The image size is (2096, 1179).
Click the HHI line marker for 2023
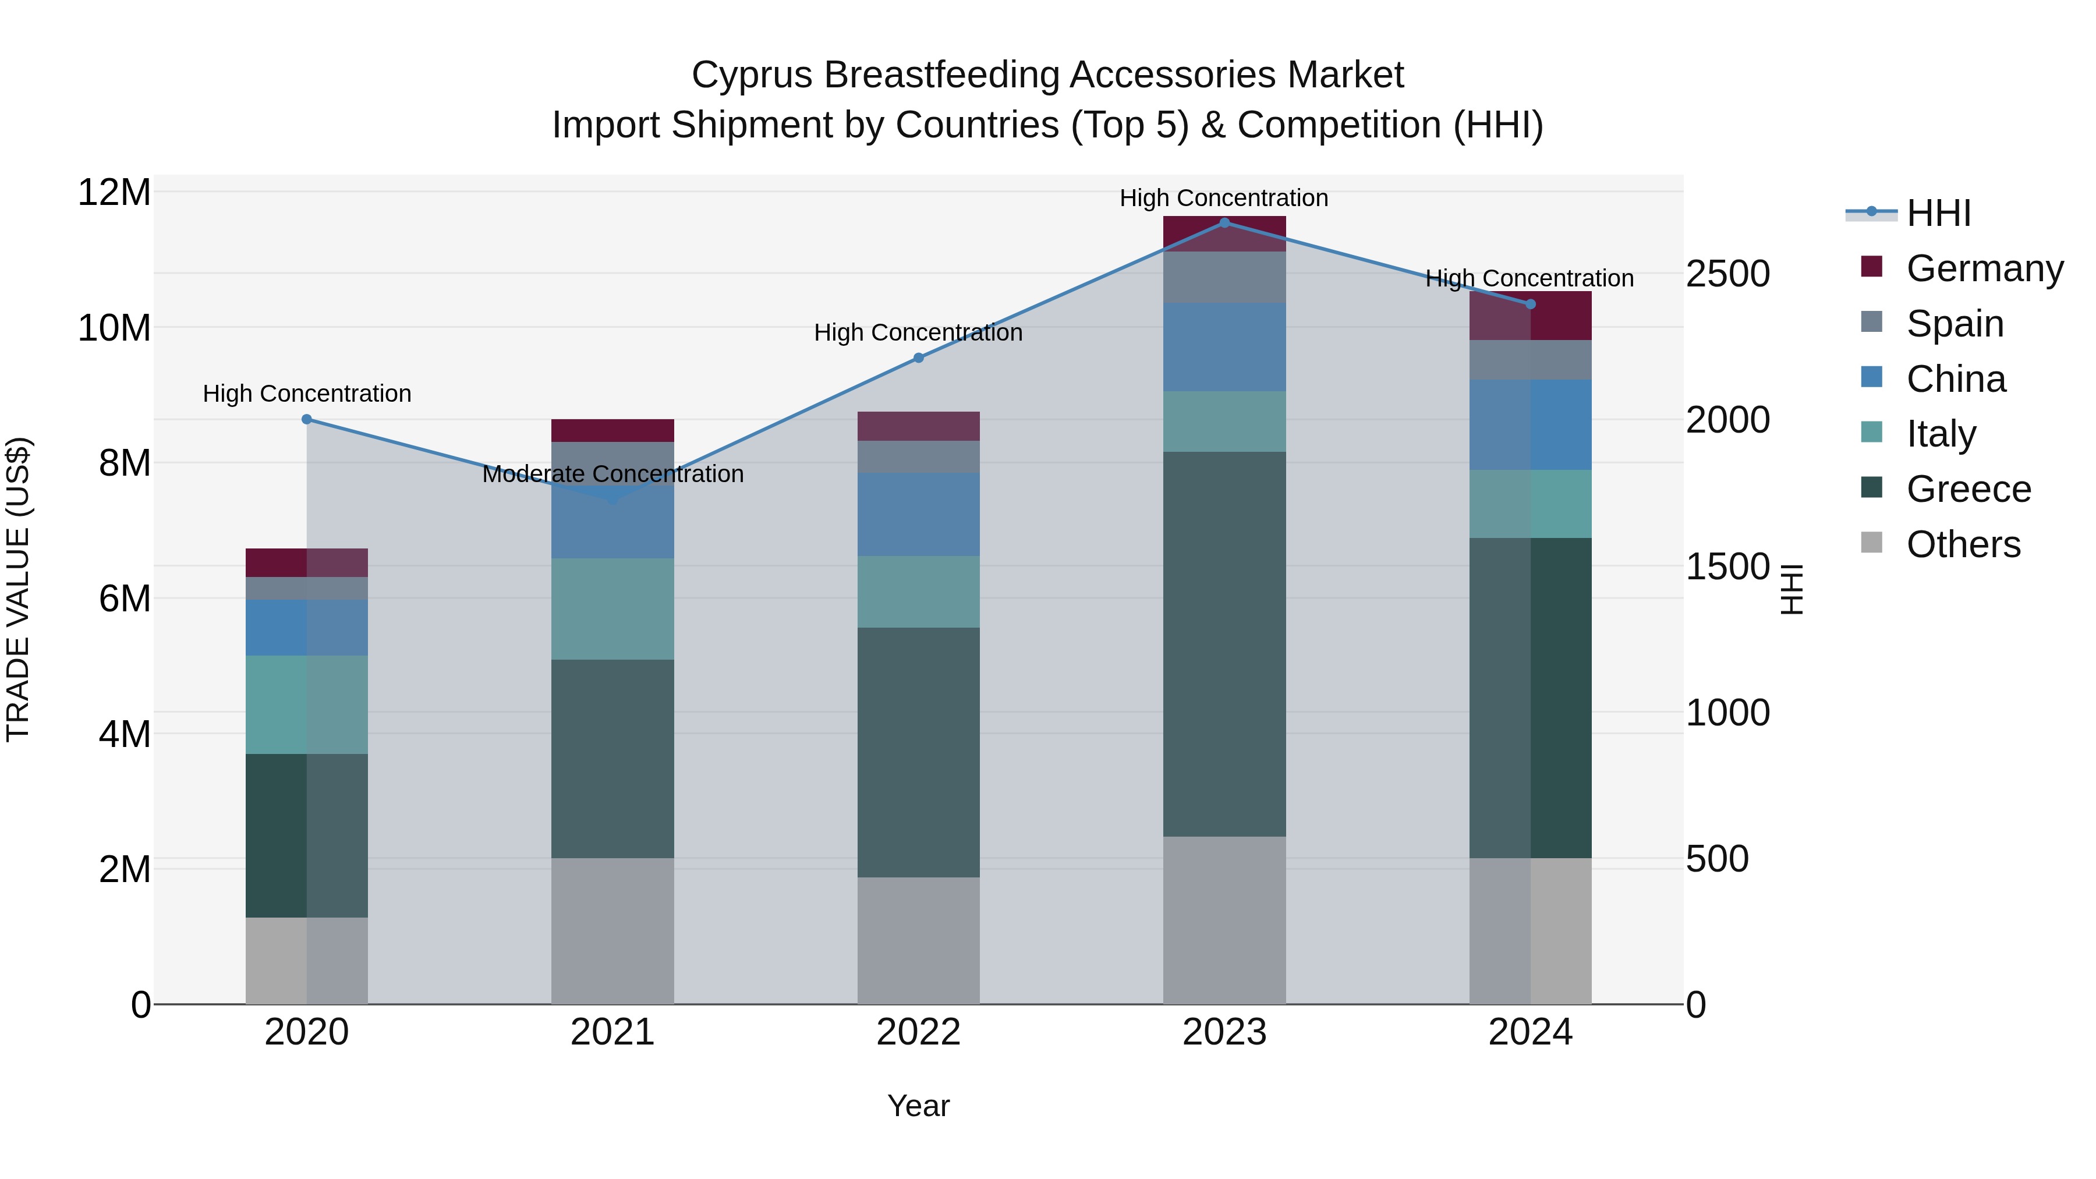(x=1224, y=223)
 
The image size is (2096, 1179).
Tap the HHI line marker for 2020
(x=307, y=420)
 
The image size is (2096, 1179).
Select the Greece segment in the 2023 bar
(x=1224, y=645)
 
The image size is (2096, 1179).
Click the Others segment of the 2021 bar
(x=612, y=931)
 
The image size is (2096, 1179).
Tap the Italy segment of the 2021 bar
(x=612, y=608)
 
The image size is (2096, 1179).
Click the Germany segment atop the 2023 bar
(x=1224, y=234)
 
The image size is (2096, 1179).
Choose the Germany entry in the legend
(x=1984, y=268)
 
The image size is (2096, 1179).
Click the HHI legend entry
(x=1938, y=213)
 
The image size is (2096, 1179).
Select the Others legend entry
(x=1963, y=544)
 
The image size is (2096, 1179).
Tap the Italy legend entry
(x=1941, y=434)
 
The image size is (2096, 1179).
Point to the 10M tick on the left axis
(x=114, y=328)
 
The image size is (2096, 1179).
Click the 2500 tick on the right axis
(x=1727, y=274)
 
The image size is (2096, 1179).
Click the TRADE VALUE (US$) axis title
(x=18, y=589)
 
